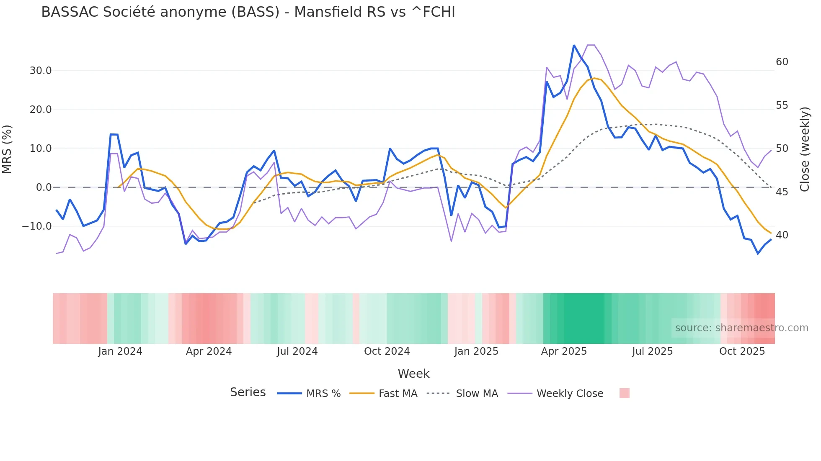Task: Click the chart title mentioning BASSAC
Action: pyautogui.click(x=248, y=12)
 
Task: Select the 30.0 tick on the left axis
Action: pyautogui.click(x=41, y=71)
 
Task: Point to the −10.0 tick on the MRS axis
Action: pyautogui.click(x=37, y=226)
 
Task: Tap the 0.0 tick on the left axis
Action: pyautogui.click(x=44, y=187)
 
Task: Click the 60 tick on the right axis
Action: pyautogui.click(x=782, y=62)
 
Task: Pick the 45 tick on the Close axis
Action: pyautogui.click(x=782, y=192)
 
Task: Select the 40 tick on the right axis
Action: pyautogui.click(x=782, y=235)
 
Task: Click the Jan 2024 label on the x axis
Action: pyautogui.click(x=120, y=351)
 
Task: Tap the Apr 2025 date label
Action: pyautogui.click(x=564, y=351)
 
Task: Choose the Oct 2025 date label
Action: pyautogui.click(x=742, y=351)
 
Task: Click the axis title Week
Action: pyautogui.click(x=413, y=374)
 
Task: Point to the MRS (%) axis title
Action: pyautogui.click(x=7, y=149)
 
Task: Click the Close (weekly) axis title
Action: pyautogui.click(x=804, y=149)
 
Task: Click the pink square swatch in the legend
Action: pyautogui.click(x=624, y=393)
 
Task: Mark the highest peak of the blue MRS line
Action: pyautogui.click(x=574, y=46)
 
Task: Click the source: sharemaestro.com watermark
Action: pyautogui.click(x=741, y=328)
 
